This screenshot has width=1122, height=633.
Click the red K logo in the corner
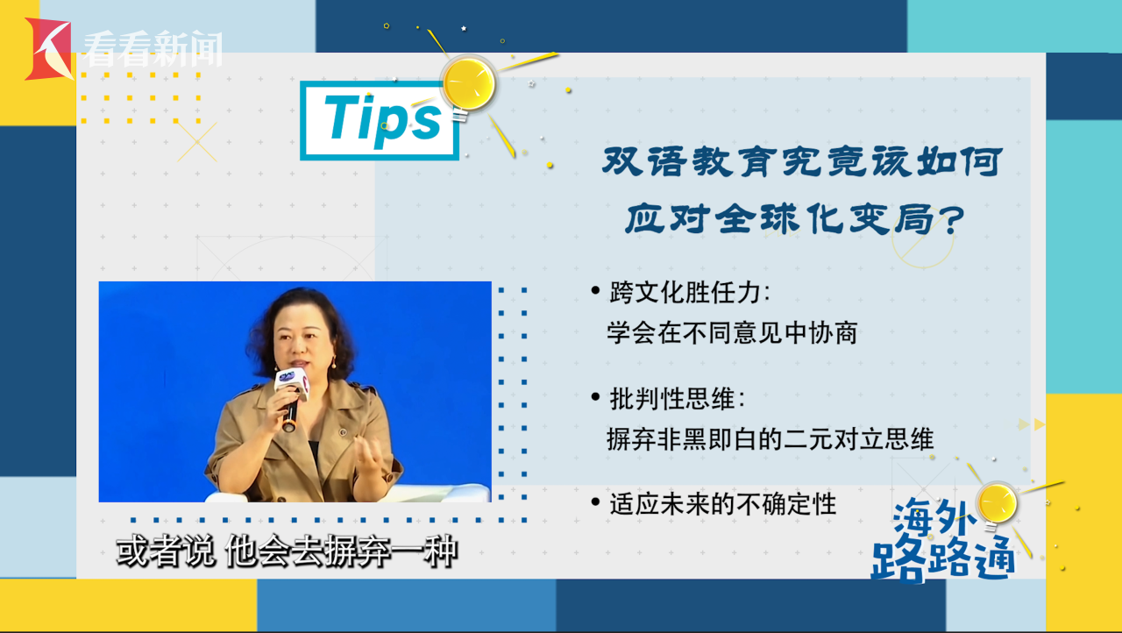coord(48,49)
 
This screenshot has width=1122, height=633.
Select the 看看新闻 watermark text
coord(153,48)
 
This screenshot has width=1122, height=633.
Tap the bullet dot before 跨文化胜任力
coord(595,290)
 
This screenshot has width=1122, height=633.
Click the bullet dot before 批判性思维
coord(595,397)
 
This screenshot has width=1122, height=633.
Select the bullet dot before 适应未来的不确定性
coord(595,501)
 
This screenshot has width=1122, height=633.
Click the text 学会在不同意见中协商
coord(732,332)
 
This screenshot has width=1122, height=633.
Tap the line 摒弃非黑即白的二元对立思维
coord(770,439)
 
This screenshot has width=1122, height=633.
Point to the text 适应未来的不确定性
coord(723,504)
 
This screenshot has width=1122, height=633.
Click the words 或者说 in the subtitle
coord(166,551)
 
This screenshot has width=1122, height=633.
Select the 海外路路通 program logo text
coord(941,541)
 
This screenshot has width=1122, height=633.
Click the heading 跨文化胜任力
coord(685,292)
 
